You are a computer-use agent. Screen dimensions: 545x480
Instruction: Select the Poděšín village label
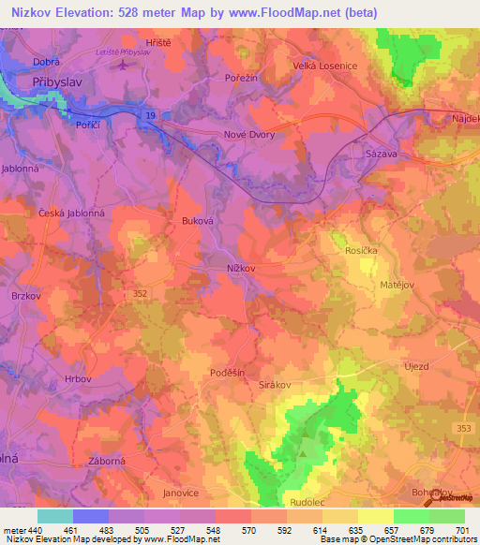pyautogui.click(x=227, y=372)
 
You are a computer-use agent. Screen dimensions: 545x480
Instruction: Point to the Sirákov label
pyautogui.click(x=277, y=384)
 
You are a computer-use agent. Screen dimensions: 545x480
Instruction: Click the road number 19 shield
pyautogui.click(x=150, y=113)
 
